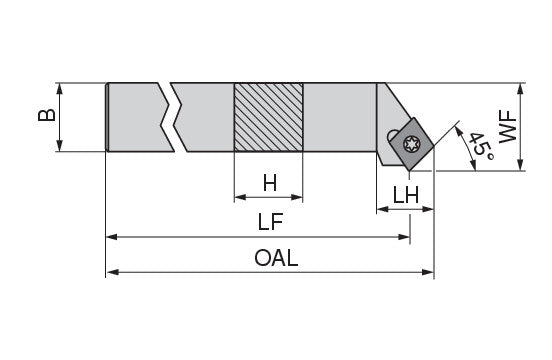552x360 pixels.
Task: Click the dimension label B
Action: (47, 115)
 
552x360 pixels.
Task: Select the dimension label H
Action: (270, 183)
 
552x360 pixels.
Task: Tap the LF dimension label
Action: (270, 222)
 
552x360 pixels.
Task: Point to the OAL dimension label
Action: (276, 258)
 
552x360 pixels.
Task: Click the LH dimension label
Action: (406, 195)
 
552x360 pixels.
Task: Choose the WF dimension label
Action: (508, 127)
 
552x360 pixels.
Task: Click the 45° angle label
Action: (481, 145)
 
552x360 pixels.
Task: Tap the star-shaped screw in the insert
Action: (411, 144)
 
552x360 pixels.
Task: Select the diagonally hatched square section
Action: (268, 117)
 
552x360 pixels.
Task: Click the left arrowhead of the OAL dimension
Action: (112, 272)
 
